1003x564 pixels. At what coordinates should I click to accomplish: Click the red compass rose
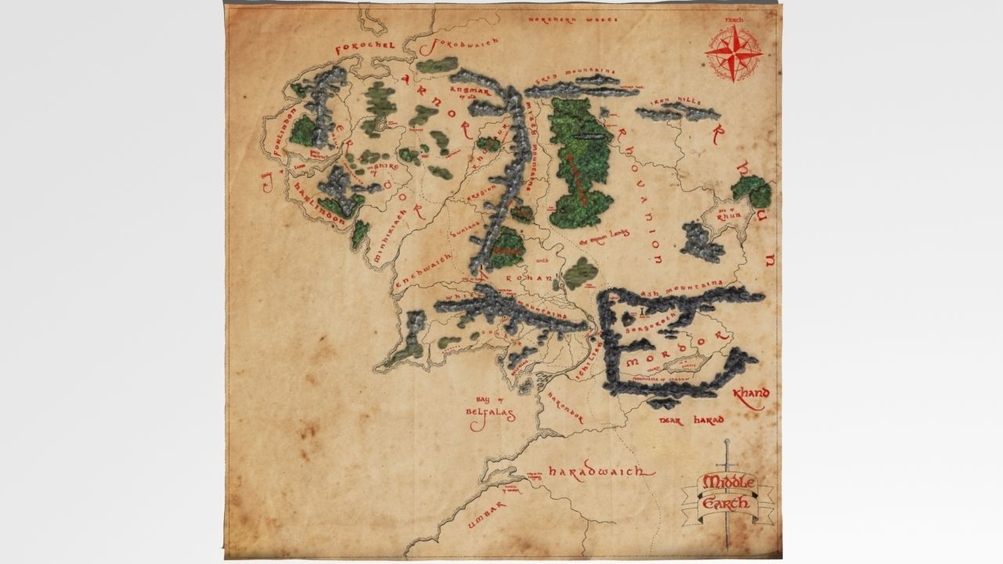tap(733, 53)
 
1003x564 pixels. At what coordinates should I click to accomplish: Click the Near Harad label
tap(692, 421)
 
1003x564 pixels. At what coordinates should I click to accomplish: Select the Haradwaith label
tap(599, 472)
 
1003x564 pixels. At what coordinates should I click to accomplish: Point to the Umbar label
tap(487, 517)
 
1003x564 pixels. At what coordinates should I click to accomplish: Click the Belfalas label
tap(488, 413)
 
